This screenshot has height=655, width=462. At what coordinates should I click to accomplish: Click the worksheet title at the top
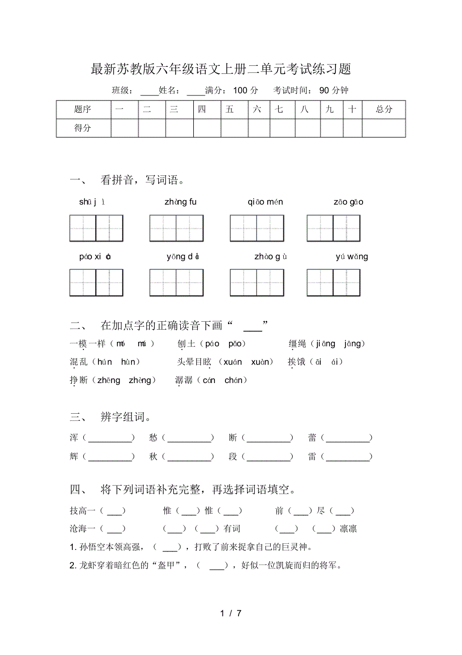point(221,69)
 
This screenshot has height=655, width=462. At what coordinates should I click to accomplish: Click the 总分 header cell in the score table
point(384,109)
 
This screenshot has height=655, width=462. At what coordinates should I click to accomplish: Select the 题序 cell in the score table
point(83,109)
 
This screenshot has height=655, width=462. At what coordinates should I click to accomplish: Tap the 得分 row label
point(83,128)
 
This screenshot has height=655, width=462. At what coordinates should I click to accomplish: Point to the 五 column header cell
point(230,109)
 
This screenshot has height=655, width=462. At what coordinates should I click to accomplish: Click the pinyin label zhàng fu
point(180,202)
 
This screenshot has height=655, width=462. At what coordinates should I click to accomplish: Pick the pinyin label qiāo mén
point(265,202)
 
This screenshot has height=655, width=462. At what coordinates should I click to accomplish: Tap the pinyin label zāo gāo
point(348,202)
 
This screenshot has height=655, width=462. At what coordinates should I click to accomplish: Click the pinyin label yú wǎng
point(352,257)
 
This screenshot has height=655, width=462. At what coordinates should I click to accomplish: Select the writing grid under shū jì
point(96,228)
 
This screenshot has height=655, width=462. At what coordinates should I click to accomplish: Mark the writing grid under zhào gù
point(257,283)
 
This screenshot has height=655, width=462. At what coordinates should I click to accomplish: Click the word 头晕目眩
point(194,362)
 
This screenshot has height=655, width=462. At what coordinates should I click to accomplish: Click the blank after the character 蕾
point(346,438)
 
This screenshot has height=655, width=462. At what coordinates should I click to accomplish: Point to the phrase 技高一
point(83,511)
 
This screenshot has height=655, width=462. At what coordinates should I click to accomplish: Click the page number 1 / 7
point(231,613)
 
